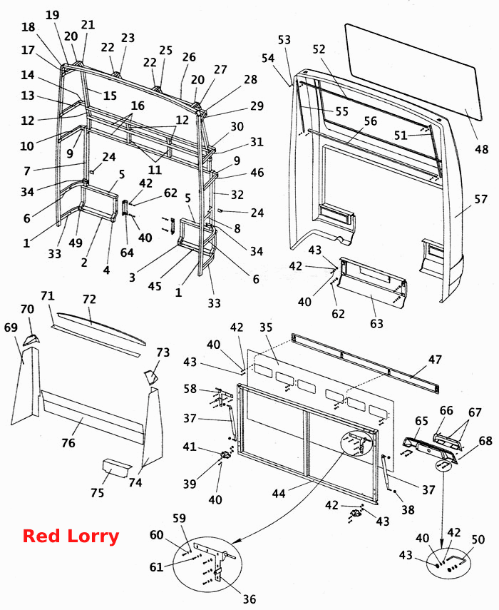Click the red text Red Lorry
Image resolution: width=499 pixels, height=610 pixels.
point(71,536)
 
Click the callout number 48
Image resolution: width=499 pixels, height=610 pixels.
point(481,149)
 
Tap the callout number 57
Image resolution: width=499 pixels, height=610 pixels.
point(480,199)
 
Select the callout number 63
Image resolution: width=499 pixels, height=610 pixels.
point(376,323)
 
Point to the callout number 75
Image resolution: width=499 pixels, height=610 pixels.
point(97,492)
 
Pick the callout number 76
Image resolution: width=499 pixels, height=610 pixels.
point(68,443)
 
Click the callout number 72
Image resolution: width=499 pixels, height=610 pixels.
point(89,299)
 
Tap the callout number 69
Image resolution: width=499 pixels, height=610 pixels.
point(11,327)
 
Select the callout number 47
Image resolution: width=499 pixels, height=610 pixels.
point(435,359)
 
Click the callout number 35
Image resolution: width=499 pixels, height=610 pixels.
point(266,327)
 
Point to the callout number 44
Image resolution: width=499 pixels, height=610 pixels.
point(279,493)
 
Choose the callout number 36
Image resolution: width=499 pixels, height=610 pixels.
point(249,599)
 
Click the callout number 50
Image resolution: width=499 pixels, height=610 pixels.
point(478,539)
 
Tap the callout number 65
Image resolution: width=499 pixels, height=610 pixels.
point(421,420)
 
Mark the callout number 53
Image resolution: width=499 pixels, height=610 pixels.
point(284,40)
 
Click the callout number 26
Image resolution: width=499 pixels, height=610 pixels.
point(189,57)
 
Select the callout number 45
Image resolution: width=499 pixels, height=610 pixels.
point(154,286)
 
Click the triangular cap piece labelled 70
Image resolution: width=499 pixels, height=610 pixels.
point(31,340)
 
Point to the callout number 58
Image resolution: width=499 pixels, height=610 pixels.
point(190,389)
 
